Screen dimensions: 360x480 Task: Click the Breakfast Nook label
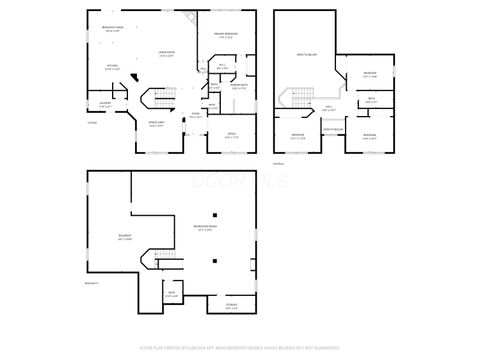[x=112, y=28]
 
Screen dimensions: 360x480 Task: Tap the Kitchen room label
[x=114, y=68]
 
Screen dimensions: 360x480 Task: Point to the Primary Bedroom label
[x=224, y=35]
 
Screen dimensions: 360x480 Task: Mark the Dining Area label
[x=157, y=125]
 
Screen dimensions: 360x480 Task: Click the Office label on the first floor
[x=230, y=136]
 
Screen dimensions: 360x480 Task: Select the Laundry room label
[x=105, y=102]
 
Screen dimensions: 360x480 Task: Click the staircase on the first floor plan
[x=160, y=99]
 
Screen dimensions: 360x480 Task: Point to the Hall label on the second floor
[x=328, y=110]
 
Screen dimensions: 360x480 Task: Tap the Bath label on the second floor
[x=370, y=99]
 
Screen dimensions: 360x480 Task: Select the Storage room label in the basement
[x=231, y=305]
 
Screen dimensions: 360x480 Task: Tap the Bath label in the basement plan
[x=171, y=294]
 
